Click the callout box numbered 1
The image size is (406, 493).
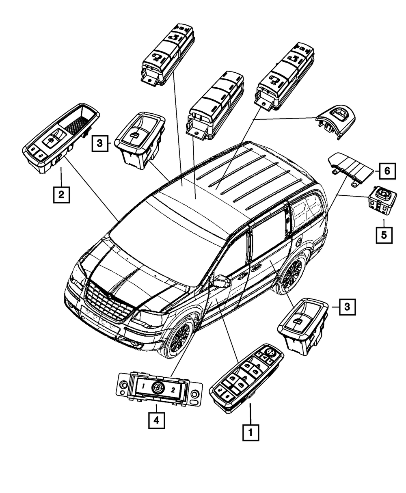pos(250,432)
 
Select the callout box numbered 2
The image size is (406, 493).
pos(61,195)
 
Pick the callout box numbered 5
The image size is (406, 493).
pos(384,235)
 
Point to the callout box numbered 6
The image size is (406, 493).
pos(387,171)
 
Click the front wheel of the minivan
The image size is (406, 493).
pos(179,337)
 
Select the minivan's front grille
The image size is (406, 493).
pos(108,303)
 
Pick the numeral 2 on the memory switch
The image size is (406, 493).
pos(173,390)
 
